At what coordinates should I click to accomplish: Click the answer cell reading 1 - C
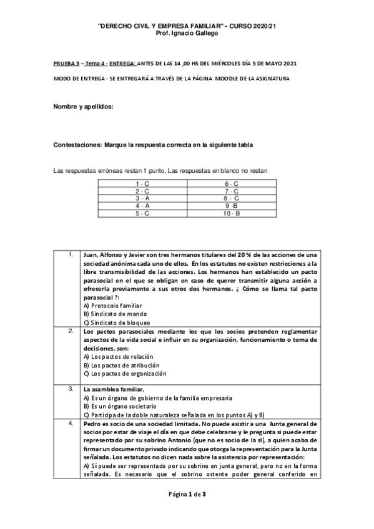[142, 183]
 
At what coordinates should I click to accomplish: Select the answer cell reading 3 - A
[142, 198]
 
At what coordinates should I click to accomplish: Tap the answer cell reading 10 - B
[232, 213]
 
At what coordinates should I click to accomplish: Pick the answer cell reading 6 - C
[232, 183]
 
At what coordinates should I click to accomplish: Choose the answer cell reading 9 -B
[232, 206]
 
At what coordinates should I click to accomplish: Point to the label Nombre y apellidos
[84, 107]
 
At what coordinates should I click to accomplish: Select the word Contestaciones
[78, 145]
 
